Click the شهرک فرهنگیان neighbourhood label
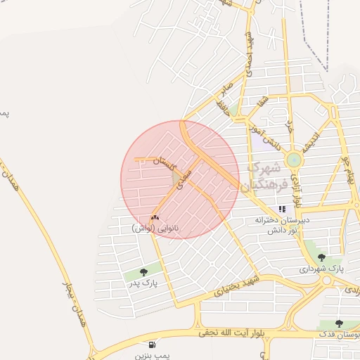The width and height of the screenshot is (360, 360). pos(265,176)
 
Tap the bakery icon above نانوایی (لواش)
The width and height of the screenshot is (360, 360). pos(155,217)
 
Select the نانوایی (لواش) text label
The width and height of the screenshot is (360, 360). pos(155,229)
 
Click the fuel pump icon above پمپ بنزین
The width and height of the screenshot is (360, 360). pos(153,345)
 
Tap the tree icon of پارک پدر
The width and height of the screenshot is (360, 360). pos(143,271)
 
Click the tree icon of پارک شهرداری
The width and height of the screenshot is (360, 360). pos(321,257)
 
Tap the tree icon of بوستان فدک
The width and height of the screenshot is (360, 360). pos(339,323)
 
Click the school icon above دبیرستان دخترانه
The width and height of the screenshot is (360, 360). pos(282,209)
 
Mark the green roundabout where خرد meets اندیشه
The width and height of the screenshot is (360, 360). pos(294,160)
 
